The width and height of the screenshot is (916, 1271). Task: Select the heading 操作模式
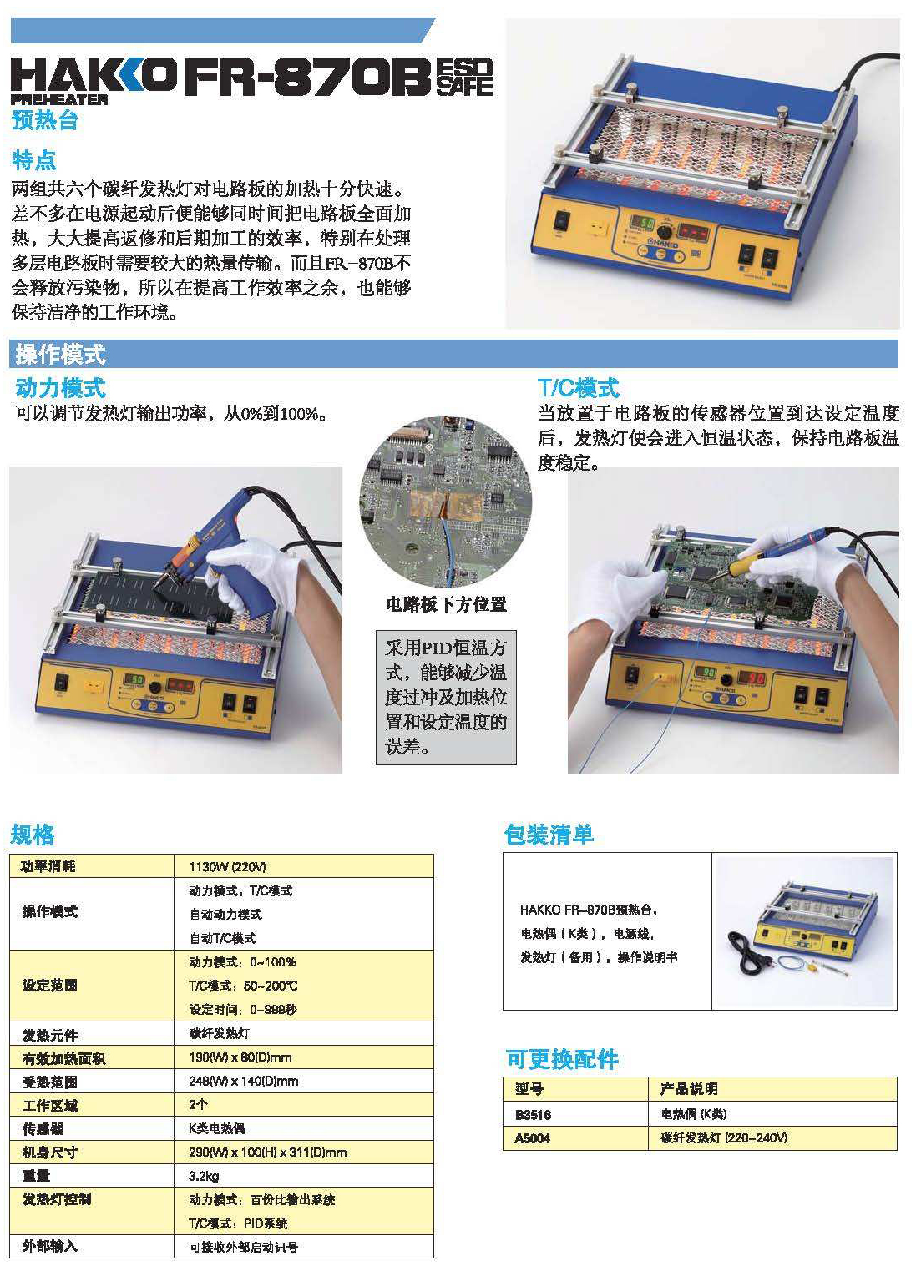tap(60, 355)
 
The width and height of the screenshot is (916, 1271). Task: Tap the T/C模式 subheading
tap(578, 387)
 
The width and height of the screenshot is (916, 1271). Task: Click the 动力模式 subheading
tap(60, 387)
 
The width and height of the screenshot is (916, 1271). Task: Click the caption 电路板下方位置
tap(446, 603)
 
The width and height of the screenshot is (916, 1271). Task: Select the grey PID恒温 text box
tap(446, 697)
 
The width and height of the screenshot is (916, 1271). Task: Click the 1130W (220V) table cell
tap(228, 866)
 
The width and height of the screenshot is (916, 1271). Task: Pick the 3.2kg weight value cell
tap(205, 1175)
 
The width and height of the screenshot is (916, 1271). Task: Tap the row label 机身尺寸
tap(50, 1152)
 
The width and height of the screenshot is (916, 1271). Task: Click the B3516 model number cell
tap(533, 1114)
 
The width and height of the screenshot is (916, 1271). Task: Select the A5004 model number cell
tap(533, 1137)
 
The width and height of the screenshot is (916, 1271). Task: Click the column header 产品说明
tap(688, 1089)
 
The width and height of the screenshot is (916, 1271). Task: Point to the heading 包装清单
tap(549, 834)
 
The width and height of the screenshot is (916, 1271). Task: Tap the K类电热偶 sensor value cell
tap(217, 1128)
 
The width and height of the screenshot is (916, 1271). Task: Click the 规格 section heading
tap(33, 834)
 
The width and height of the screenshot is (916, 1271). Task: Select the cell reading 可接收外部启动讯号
tap(244, 1247)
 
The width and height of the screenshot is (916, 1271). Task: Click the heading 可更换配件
tap(562, 1059)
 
